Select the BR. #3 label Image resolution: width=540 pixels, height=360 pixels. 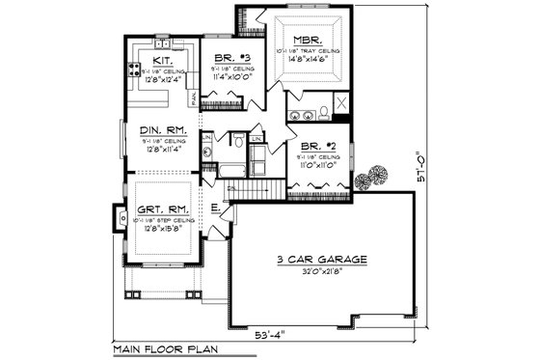225,57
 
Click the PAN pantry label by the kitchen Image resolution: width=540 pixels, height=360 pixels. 193,98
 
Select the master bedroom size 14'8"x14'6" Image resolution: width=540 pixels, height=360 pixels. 308,58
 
